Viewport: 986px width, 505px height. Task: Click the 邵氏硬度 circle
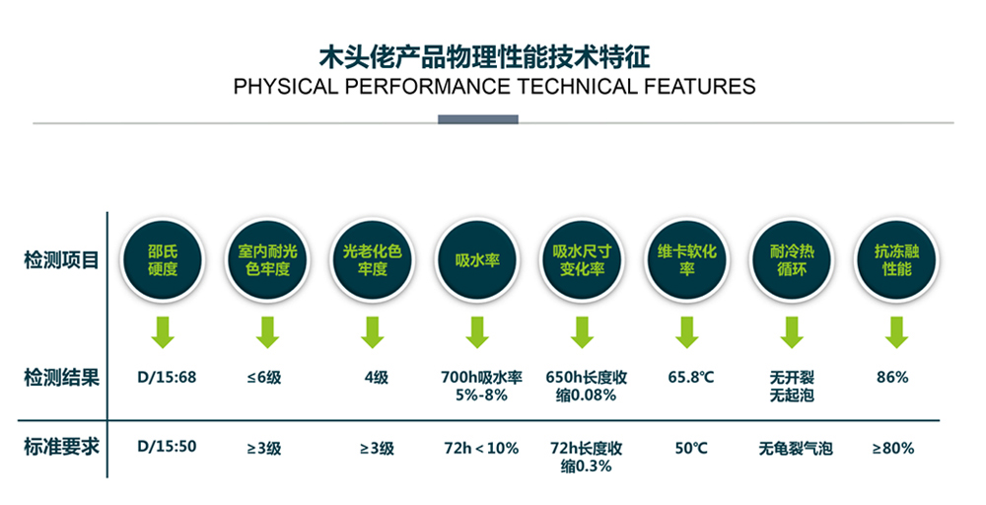163,260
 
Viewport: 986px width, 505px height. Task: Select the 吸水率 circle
477,260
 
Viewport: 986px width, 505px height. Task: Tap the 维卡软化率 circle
686,260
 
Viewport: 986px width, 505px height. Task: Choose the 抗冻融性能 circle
896,260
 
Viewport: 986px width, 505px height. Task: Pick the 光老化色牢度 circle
373,260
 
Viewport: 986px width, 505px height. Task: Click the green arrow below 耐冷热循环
792,332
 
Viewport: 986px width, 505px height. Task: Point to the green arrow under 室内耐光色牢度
268,332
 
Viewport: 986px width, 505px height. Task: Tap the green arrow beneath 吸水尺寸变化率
583,332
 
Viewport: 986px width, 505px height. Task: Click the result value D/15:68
167,378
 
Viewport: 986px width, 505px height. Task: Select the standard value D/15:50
167,447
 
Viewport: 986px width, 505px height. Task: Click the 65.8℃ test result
691,378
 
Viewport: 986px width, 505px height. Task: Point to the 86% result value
893,378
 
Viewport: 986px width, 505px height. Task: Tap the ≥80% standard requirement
893,449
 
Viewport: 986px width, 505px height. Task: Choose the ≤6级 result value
264,378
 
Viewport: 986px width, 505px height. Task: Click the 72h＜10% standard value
481,449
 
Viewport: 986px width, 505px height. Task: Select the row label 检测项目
61,259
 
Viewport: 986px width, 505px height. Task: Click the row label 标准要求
61,447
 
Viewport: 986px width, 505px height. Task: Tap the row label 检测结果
61,378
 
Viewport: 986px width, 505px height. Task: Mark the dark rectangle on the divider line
478,119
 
